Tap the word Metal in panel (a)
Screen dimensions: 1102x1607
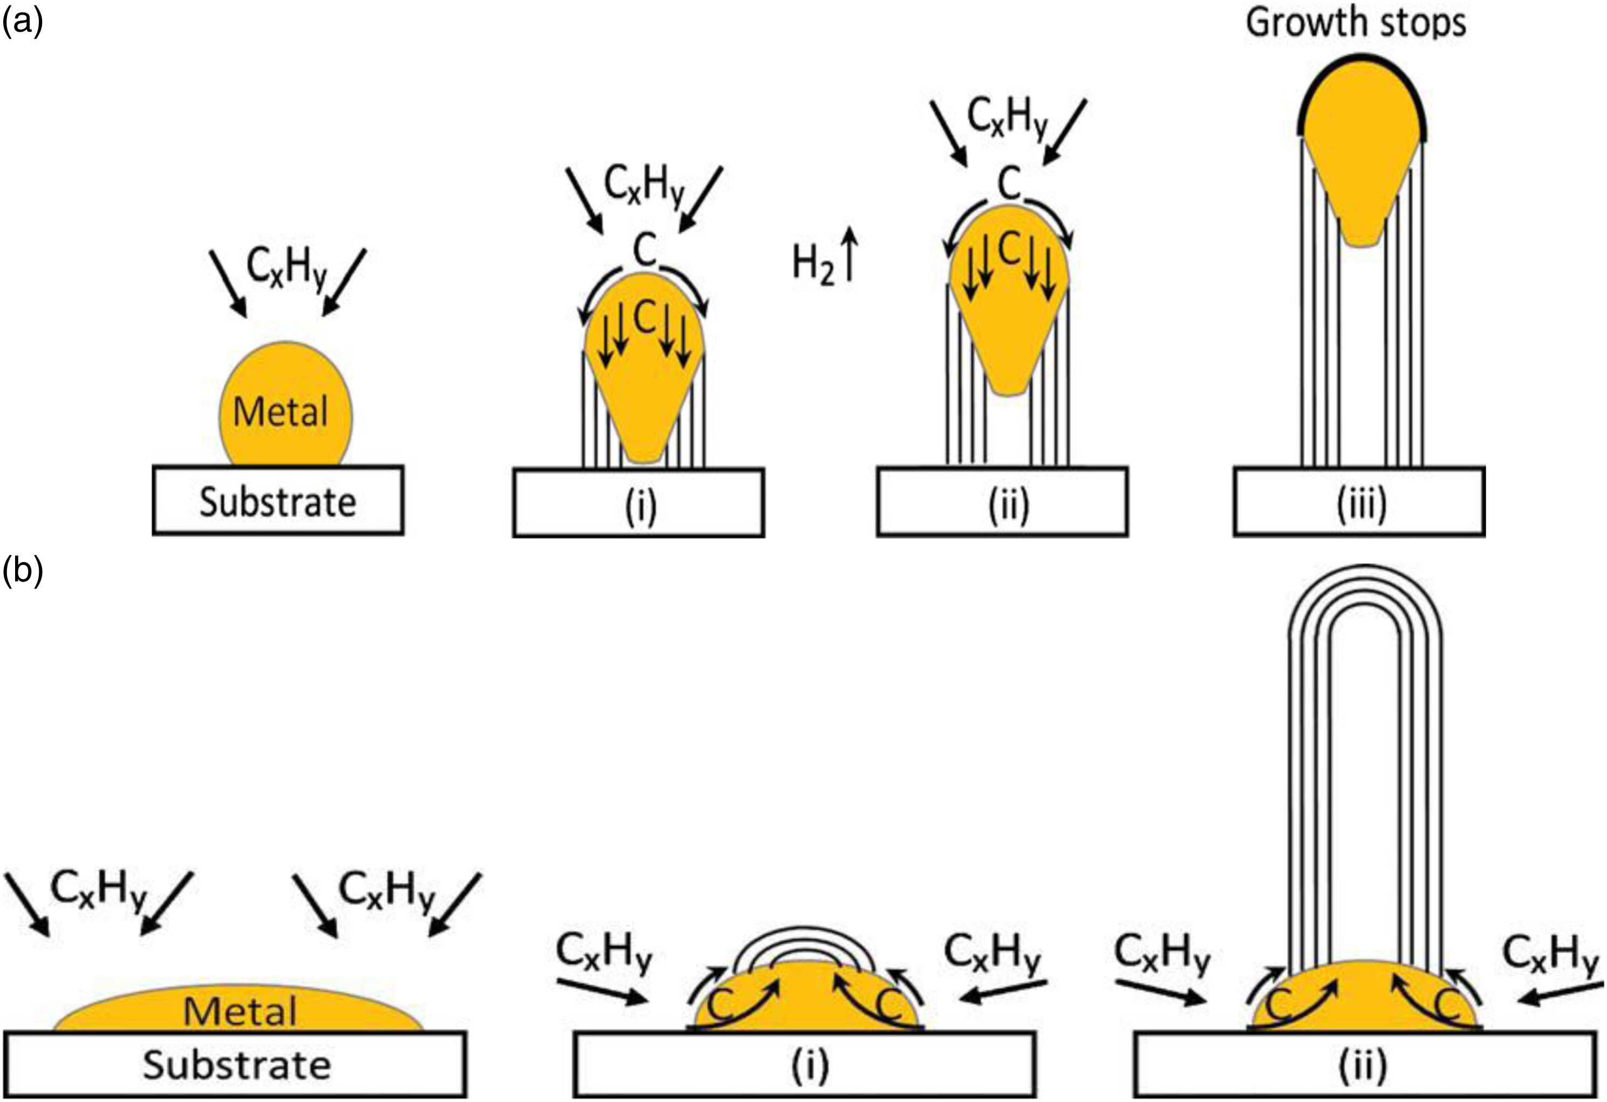[281, 412]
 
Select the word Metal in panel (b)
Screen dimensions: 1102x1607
[240, 1011]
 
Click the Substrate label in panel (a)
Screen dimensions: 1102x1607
[278, 502]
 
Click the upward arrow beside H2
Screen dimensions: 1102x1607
[849, 256]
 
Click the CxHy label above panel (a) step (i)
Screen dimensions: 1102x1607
[644, 185]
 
